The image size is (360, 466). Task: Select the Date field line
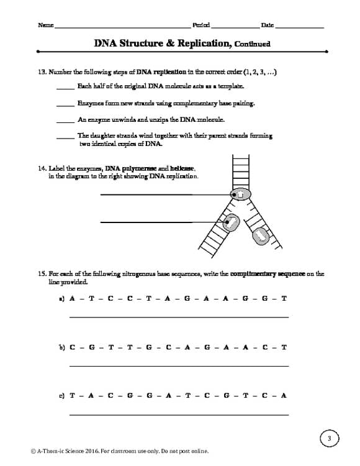click(x=299, y=28)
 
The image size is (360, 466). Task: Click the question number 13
click(x=43, y=72)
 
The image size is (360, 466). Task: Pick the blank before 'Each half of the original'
click(x=65, y=88)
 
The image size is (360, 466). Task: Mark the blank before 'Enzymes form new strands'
click(x=65, y=104)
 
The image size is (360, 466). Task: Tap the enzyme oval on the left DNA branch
click(x=231, y=222)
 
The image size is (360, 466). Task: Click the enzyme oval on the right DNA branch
click(x=259, y=235)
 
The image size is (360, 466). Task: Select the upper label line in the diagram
click(x=146, y=194)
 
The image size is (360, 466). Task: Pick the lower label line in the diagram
click(x=146, y=222)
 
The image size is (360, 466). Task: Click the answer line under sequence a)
click(x=179, y=317)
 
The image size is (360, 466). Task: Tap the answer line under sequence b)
click(x=179, y=365)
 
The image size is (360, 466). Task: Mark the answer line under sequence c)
click(x=179, y=414)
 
